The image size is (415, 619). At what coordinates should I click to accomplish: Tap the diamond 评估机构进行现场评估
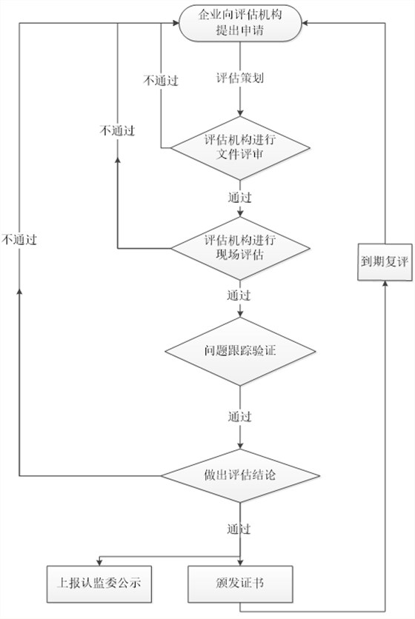pos(239,247)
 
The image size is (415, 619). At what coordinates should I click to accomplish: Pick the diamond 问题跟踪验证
pos(239,352)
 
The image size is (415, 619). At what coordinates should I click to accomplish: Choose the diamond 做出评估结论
pos(239,475)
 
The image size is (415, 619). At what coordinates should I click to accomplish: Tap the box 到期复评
pos(385,263)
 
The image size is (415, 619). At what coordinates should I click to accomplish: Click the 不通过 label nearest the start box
pos(161,81)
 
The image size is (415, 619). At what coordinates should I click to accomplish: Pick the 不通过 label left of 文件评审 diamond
pos(117,130)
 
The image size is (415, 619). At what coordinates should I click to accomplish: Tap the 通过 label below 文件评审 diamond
pos(239,198)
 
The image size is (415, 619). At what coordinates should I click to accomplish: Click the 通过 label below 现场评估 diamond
pos(239,295)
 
